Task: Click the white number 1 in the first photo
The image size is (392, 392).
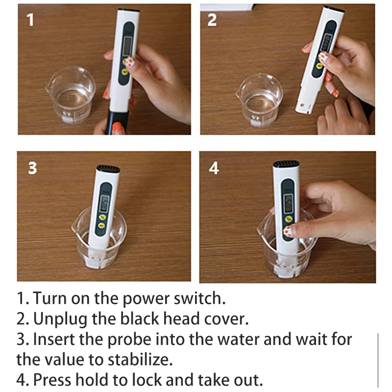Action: pos(30,20)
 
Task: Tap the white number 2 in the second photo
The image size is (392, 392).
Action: pos(212,20)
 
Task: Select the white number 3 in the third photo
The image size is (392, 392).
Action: pos(32,168)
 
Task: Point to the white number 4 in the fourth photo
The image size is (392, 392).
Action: pos(214,168)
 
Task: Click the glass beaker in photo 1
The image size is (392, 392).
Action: pos(71,95)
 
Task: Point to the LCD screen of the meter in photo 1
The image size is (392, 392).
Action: pos(127,46)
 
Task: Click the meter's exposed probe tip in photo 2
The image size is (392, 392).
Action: pos(304,106)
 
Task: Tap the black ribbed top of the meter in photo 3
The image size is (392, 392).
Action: pos(108,169)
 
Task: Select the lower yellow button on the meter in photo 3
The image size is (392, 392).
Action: pos(101,225)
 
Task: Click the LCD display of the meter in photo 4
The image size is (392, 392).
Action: pos(288,202)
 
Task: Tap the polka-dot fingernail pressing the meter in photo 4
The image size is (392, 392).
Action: pos(288,231)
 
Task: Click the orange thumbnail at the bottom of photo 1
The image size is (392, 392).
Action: pos(117,127)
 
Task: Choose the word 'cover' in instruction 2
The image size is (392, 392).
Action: pos(224,319)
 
